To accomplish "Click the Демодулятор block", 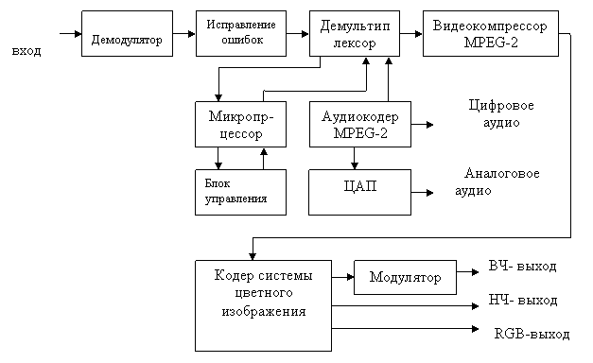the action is click(x=127, y=34).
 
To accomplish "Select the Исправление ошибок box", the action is click(x=241, y=34).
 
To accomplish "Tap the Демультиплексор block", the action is click(x=355, y=34).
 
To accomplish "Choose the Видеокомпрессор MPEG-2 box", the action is click(x=491, y=34).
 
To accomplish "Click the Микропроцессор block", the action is click(x=240, y=124).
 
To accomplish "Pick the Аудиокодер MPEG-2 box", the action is click(x=360, y=124).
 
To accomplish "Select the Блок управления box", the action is click(x=240, y=193).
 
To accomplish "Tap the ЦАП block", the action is click(x=359, y=193).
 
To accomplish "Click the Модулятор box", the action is click(x=405, y=277).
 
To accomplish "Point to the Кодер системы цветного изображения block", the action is click(x=263, y=305).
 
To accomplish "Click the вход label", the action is click(x=26, y=51).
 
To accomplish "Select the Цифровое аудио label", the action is click(x=501, y=113).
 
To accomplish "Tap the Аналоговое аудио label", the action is click(x=497, y=181).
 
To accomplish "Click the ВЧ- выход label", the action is click(x=522, y=267).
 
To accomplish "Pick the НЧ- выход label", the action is click(x=523, y=301).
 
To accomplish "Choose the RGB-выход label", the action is click(x=532, y=334).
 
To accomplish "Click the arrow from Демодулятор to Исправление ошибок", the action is click(x=184, y=34).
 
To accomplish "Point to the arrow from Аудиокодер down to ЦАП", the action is click(x=355, y=158).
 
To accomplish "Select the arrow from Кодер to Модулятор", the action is click(x=343, y=277).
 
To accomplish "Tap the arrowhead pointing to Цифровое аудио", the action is click(x=429, y=125).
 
